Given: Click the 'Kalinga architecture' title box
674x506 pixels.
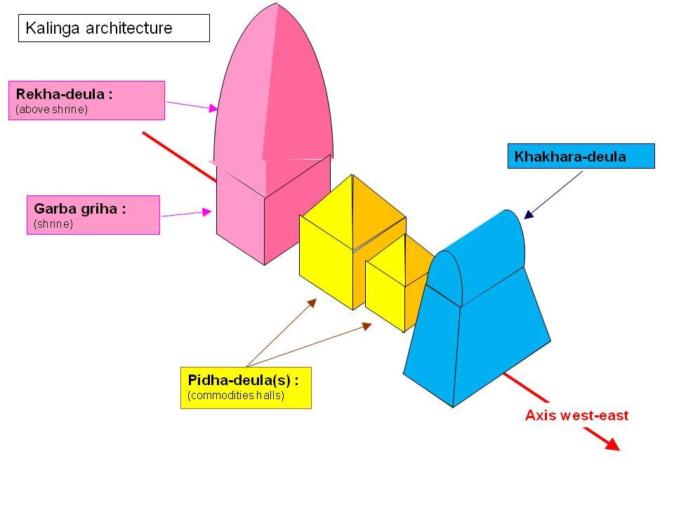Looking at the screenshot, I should pos(114,29).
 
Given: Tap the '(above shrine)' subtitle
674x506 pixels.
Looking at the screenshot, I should pos(51,110).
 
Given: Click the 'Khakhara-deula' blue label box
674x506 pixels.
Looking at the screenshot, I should pos(581,156).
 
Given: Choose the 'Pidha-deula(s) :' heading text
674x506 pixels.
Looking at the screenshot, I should pos(243,380).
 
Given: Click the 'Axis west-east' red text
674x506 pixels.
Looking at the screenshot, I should pos(576,415).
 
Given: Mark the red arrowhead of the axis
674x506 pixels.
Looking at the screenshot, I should pos(610,443).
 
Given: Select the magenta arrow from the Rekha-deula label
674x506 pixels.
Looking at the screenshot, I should pos(191,105).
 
